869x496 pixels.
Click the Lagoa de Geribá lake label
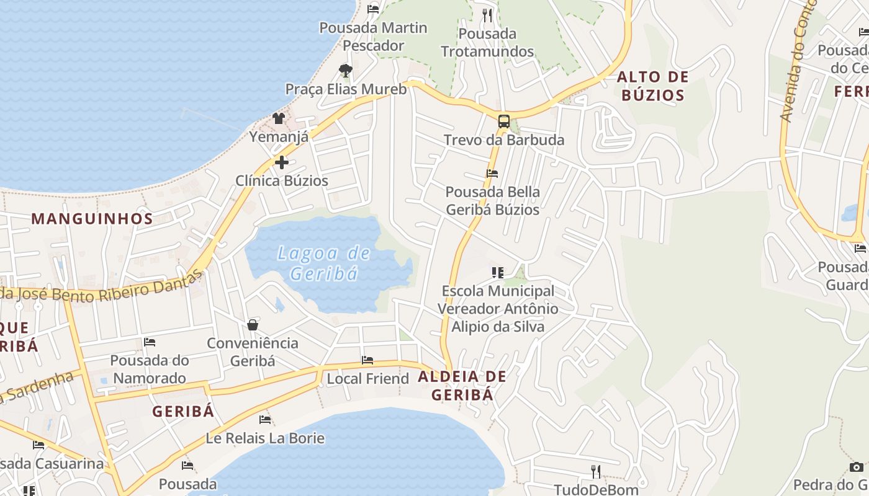(323, 263)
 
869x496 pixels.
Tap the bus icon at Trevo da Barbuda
(504, 121)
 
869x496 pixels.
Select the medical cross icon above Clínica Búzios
(281, 162)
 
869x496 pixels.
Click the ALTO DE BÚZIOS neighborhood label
(653, 86)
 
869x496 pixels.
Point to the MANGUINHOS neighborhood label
(92, 219)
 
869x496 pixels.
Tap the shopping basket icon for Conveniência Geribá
(253, 325)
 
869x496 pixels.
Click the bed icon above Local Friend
(367, 360)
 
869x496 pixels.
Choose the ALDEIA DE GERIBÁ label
(462, 385)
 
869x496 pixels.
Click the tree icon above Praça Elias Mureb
(346, 71)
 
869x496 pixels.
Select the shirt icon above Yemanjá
(278, 118)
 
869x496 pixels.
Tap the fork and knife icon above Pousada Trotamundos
(487, 15)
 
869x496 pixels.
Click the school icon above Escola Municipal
(497, 272)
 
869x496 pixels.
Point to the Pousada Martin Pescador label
(373, 37)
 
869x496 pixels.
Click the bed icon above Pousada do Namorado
(149, 342)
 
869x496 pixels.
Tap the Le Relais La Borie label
(265, 438)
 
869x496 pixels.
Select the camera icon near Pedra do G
(856, 467)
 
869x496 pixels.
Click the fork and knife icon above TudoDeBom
(595, 472)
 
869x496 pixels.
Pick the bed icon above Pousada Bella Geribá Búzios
(492, 174)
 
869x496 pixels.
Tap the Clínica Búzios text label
(282, 181)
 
